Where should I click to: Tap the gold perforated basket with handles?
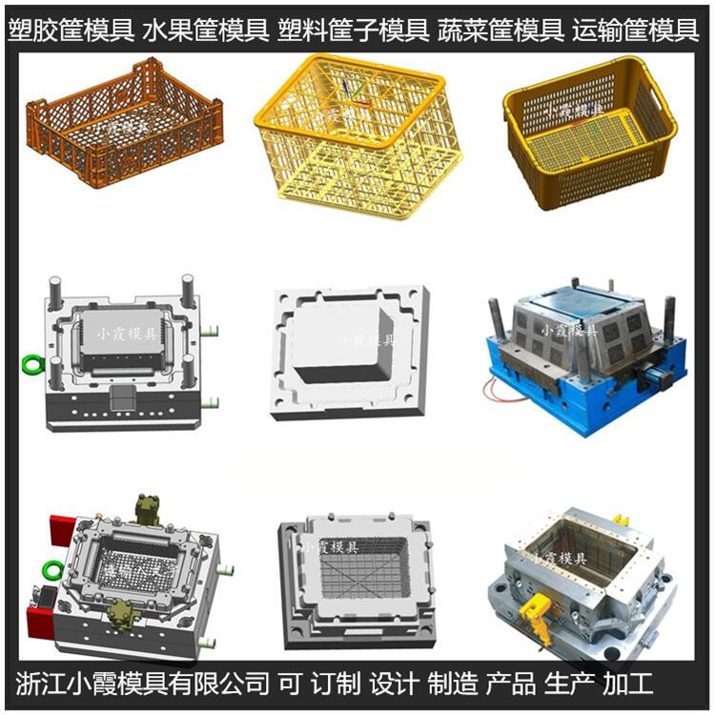[x=590, y=133]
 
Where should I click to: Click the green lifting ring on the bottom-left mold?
[x=51, y=570]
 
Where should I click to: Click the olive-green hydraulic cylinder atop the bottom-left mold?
[x=147, y=510]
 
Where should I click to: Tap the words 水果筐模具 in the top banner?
[x=205, y=31]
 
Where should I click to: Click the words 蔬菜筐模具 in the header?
[x=500, y=31]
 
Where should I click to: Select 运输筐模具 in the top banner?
[x=636, y=31]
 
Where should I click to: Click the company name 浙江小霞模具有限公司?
[x=142, y=684]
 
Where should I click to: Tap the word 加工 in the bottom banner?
[x=628, y=684]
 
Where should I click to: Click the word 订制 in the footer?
[x=336, y=684]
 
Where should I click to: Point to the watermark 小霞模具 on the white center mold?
[x=368, y=340]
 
